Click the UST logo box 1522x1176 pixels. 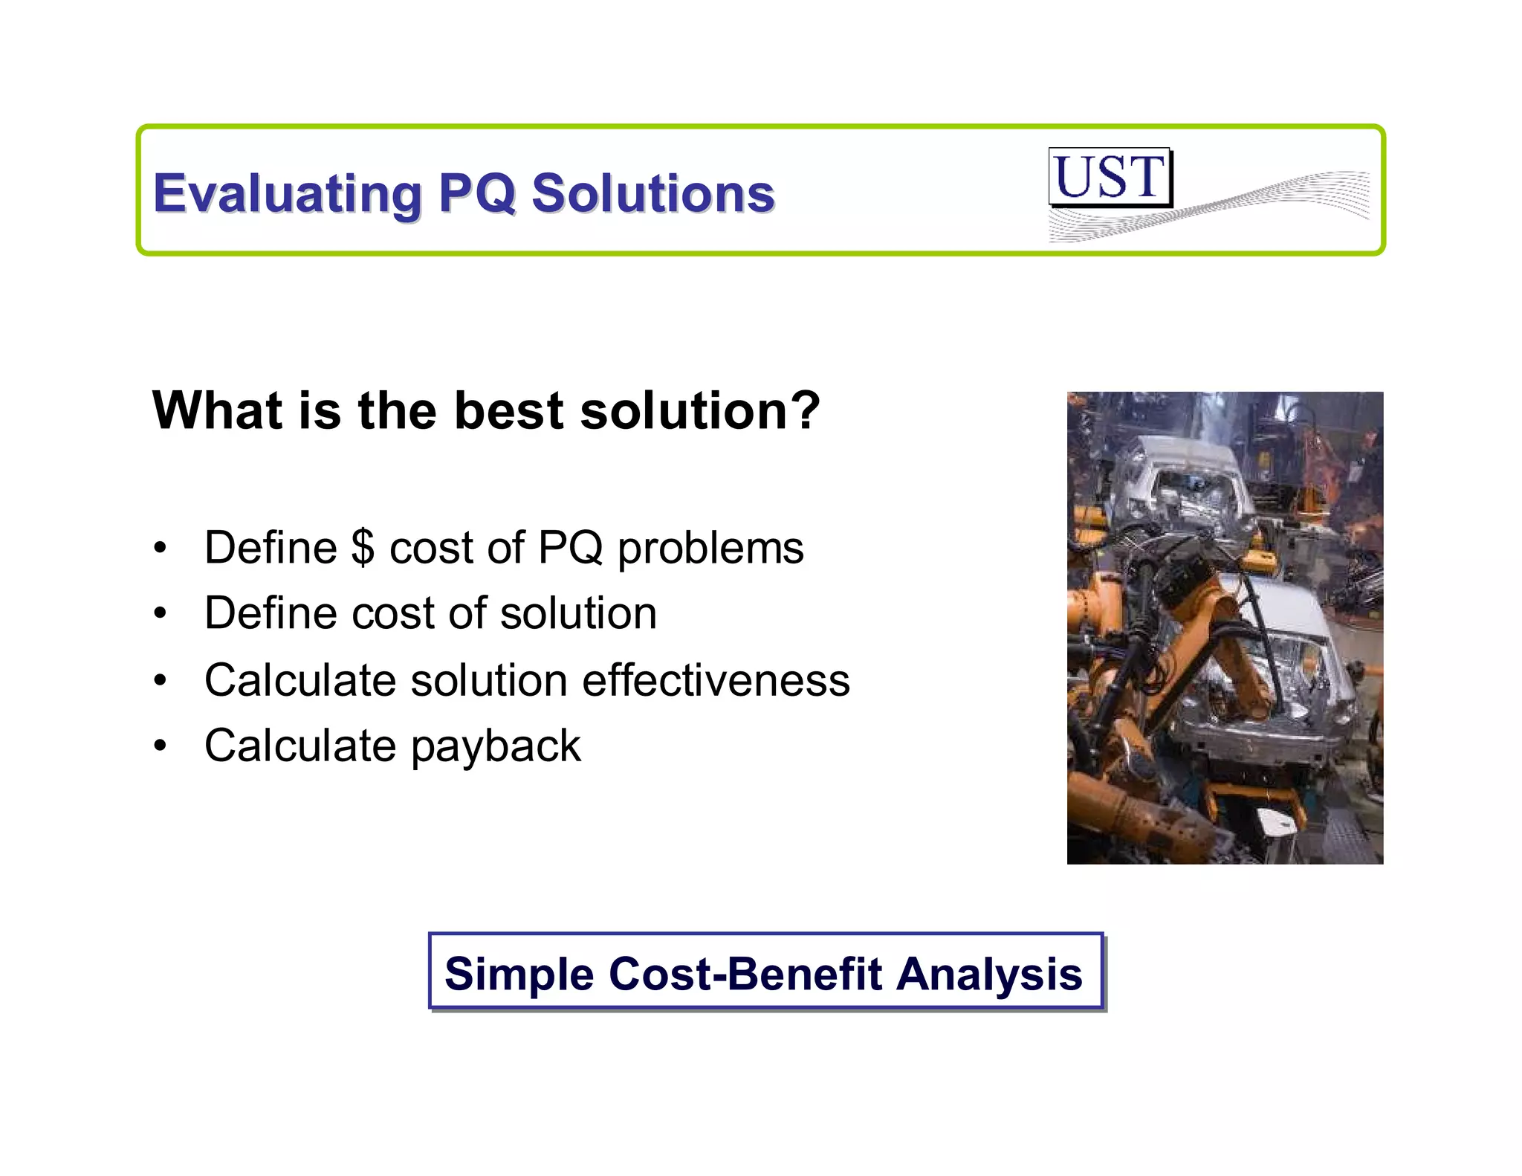coord(1110,177)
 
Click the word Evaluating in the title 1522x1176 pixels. coord(287,193)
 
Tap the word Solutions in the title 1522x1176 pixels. coord(653,193)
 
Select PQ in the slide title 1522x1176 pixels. coord(476,193)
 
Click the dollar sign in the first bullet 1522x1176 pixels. coord(363,548)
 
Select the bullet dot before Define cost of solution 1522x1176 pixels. coord(160,614)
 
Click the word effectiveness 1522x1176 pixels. coord(716,680)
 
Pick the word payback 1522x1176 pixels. coord(496,746)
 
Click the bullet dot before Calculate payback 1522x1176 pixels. coord(160,746)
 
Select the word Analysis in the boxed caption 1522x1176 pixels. coord(989,974)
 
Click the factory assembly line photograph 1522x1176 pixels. coord(1225,627)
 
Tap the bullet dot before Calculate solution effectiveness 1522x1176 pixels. coord(160,680)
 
